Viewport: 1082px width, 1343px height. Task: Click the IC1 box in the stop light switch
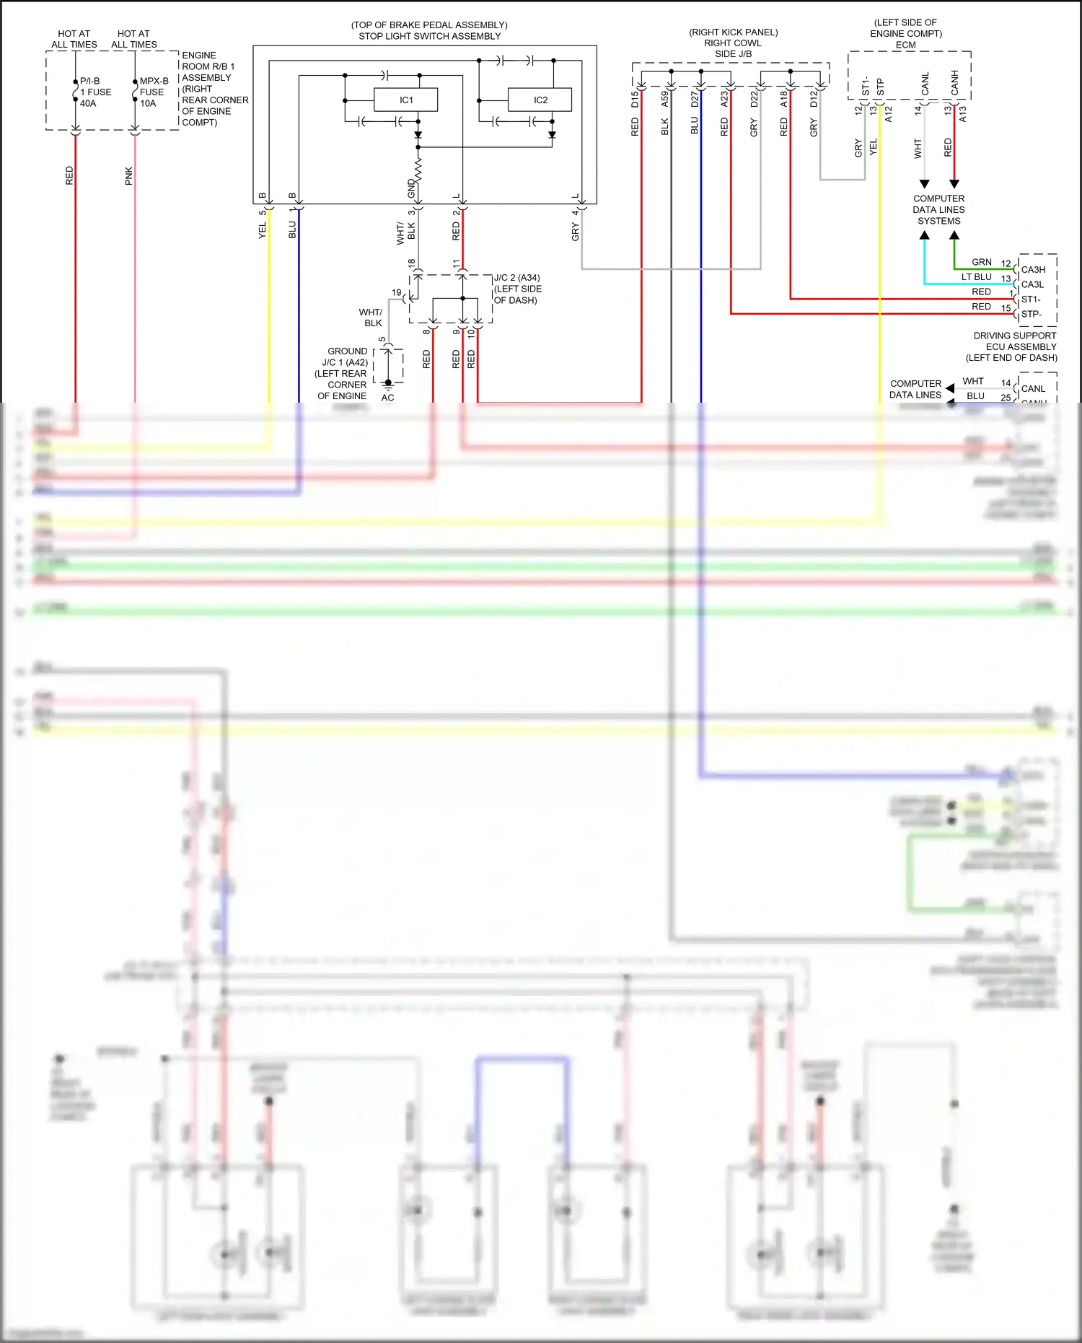(x=405, y=100)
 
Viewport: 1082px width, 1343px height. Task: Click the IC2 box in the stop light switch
(x=540, y=100)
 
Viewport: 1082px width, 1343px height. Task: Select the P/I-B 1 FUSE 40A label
(x=95, y=92)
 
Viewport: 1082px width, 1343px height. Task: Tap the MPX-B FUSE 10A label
(x=154, y=92)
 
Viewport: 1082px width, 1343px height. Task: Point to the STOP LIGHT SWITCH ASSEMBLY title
(x=429, y=36)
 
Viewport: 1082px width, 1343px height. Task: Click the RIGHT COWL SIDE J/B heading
(x=733, y=48)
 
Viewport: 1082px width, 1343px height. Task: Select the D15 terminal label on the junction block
(x=635, y=99)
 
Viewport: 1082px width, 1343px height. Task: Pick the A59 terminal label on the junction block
(x=665, y=99)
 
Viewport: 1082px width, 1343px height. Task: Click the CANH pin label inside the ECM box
(x=954, y=82)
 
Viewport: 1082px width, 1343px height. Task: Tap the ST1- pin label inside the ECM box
(x=866, y=87)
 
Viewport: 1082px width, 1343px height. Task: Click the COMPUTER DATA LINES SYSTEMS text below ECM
(x=938, y=209)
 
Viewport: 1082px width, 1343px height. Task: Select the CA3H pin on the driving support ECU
(x=1033, y=269)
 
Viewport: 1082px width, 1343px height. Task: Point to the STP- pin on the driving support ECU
(x=1031, y=314)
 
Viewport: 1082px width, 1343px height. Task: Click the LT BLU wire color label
(x=976, y=277)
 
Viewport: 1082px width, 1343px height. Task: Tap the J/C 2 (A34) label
(x=516, y=278)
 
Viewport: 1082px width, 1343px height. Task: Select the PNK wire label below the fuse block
(x=129, y=175)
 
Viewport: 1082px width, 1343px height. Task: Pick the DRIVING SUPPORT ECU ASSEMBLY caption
(x=1014, y=346)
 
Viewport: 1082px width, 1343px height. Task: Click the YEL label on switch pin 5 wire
(x=263, y=229)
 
